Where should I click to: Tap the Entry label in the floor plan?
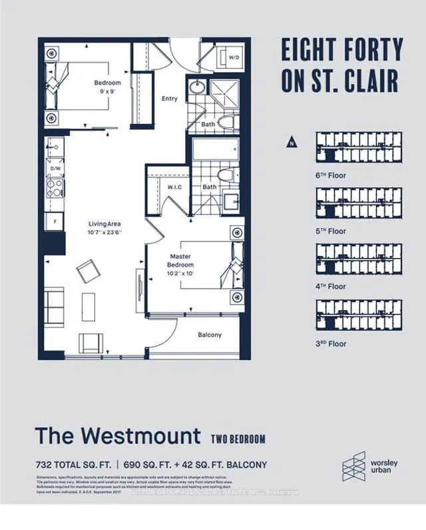170,99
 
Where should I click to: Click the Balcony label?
210,335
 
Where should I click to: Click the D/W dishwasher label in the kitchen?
55,169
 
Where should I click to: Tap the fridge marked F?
54,219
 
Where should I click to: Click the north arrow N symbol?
290,141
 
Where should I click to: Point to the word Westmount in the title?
139,436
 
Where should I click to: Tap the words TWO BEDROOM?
238,439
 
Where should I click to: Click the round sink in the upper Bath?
198,88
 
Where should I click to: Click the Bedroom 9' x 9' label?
107,87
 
